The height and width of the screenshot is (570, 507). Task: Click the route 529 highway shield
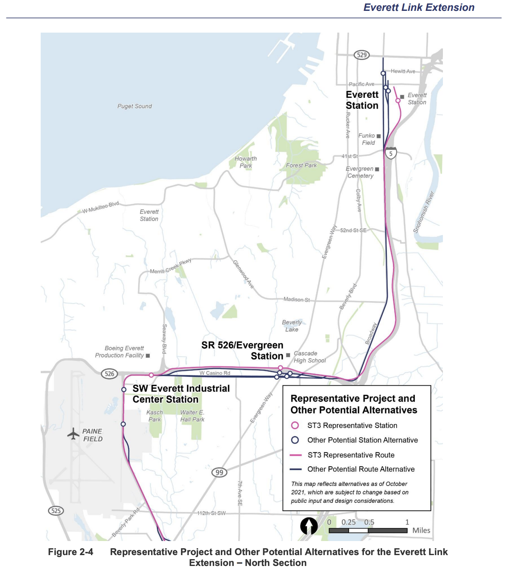click(x=362, y=55)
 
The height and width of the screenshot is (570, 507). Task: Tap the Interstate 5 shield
click(x=391, y=153)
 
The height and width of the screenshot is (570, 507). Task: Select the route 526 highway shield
click(x=109, y=374)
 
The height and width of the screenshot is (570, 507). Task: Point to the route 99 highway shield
click(x=219, y=472)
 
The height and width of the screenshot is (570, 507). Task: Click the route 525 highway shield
click(x=56, y=511)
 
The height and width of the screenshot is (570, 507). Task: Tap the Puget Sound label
click(x=135, y=106)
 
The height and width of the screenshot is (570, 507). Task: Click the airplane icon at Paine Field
click(x=73, y=434)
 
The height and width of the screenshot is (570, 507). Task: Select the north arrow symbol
click(x=309, y=526)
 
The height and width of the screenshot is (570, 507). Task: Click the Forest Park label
click(x=301, y=165)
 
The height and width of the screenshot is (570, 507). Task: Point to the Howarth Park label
click(x=245, y=162)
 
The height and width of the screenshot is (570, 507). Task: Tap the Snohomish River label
click(x=424, y=212)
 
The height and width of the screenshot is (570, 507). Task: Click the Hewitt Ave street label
click(x=403, y=71)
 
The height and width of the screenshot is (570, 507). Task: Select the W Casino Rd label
click(x=215, y=373)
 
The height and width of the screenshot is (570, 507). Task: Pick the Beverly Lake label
click(x=292, y=326)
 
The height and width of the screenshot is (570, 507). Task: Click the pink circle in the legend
click(x=295, y=425)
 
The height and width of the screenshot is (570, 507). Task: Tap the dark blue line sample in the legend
click(x=296, y=469)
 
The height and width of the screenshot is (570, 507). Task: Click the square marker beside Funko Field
click(x=378, y=136)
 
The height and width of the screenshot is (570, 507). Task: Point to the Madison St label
click(x=297, y=299)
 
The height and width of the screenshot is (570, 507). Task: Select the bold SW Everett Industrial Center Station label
click(x=181, y=394)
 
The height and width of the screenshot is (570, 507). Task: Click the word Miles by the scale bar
click(x=421, y=531)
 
